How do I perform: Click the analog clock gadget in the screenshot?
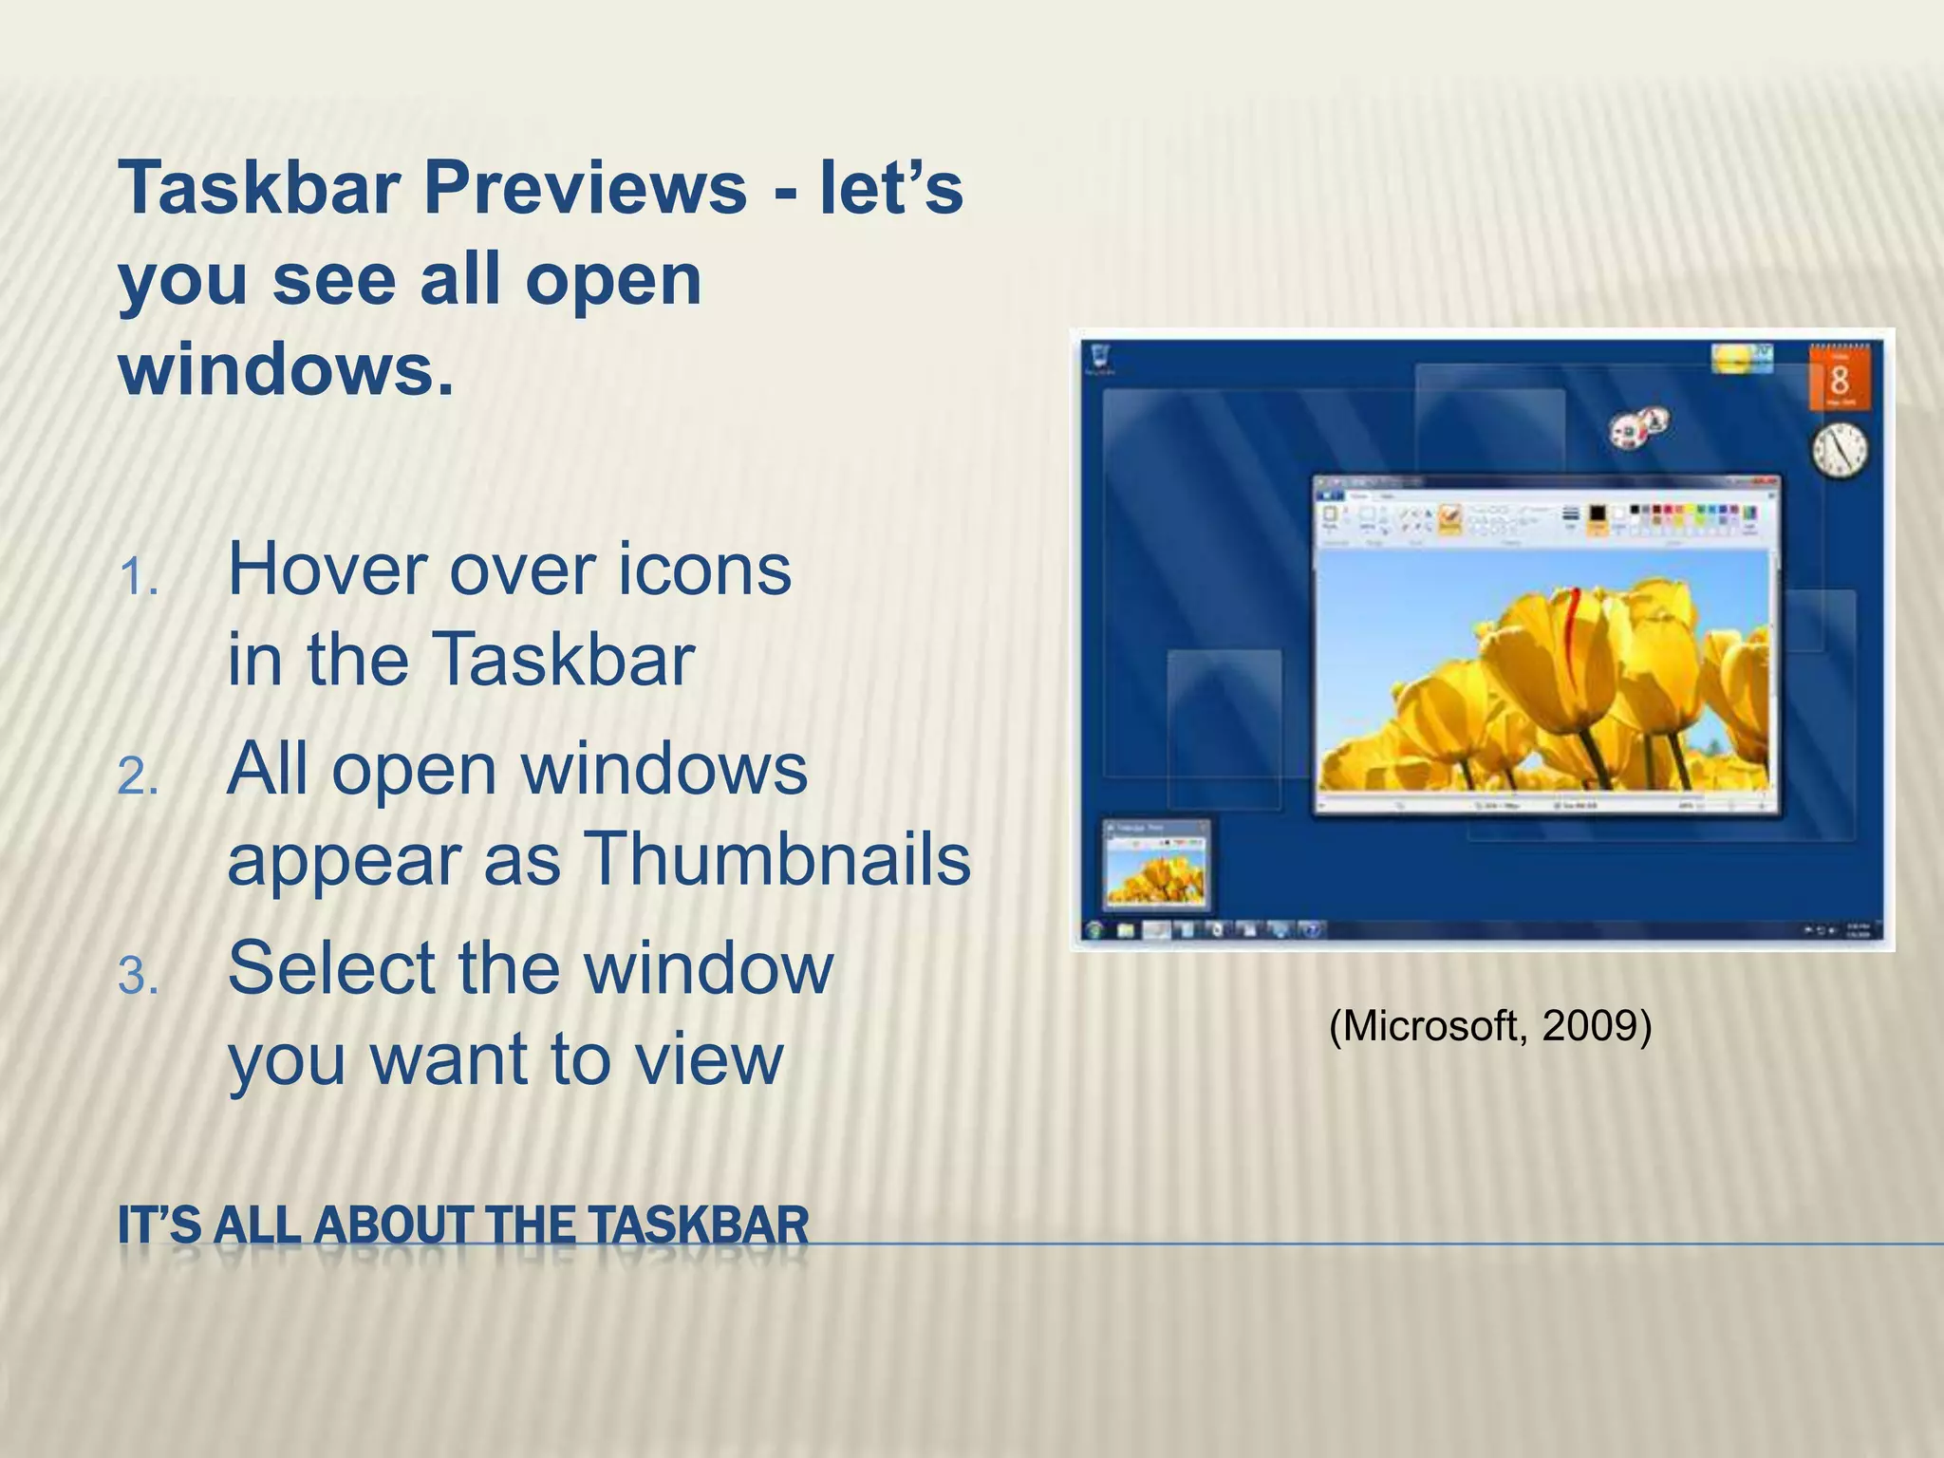(1840, 450)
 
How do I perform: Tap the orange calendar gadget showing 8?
(1840, 378)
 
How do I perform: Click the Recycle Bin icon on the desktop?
(1101, 357)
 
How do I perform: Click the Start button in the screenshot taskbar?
(1096, 930)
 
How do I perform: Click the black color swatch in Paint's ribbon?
(1598, 514)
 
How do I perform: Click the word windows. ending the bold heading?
(286, 370)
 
